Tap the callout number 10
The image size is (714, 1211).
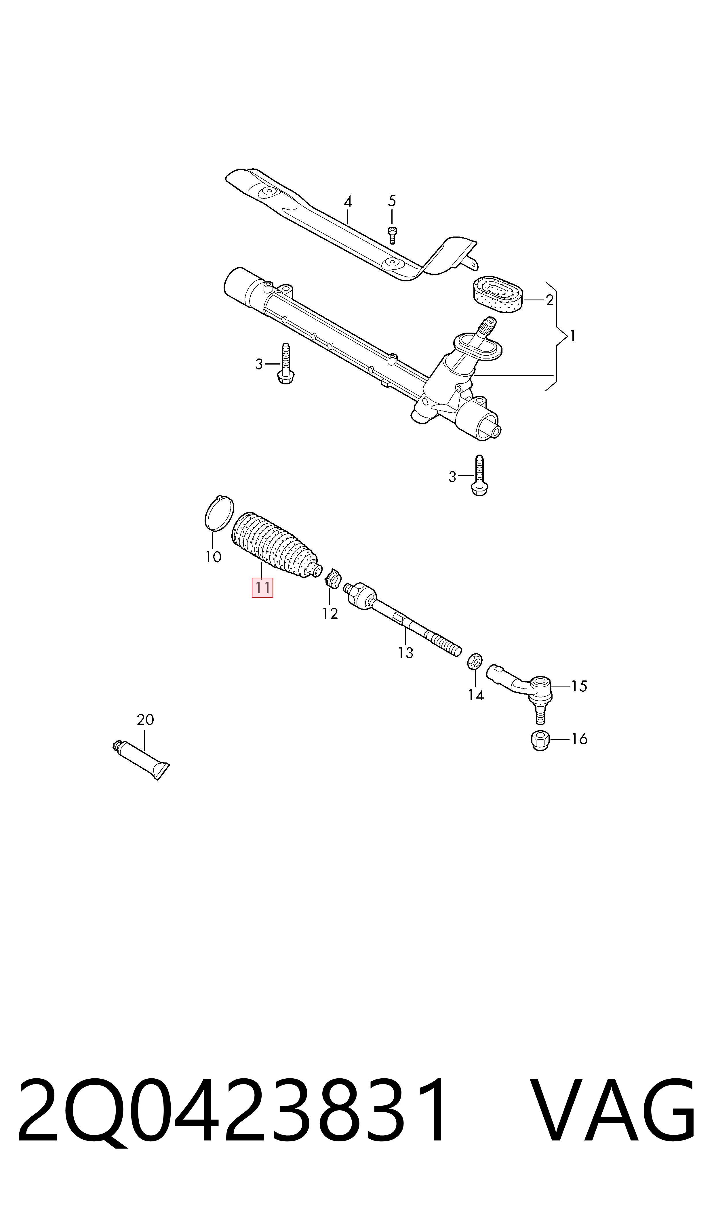213,557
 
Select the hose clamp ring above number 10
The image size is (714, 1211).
219,513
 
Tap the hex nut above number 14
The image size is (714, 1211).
474,661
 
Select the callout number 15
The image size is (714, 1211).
579,686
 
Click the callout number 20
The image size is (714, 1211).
145,720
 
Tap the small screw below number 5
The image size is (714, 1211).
392,235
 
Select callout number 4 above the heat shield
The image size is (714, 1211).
348,201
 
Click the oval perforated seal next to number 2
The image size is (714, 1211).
496,293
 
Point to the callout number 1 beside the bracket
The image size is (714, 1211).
572,336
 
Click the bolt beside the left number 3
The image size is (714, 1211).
286,364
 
